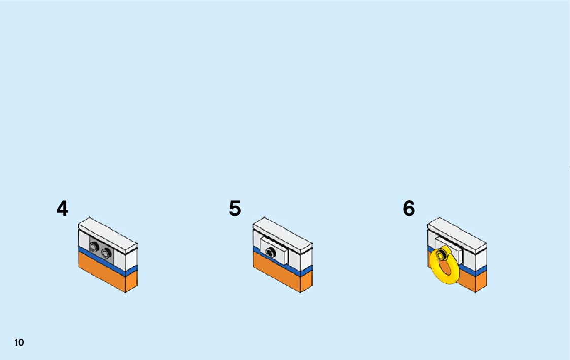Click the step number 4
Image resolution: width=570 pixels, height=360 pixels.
pyautogui.click(x=62, y=209)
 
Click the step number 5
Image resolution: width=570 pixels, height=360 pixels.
pyautogui.click(x=234, y=209)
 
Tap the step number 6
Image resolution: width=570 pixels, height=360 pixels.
pyautogui.click(x=409, y=209)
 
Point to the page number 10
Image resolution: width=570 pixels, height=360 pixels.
pyautogui.click(x=19, y=343)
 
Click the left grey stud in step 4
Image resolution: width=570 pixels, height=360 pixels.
pyautogui.click(x=94, y=247)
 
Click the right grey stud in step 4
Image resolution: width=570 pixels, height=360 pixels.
pyautogui.click(x=106, y=252)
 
